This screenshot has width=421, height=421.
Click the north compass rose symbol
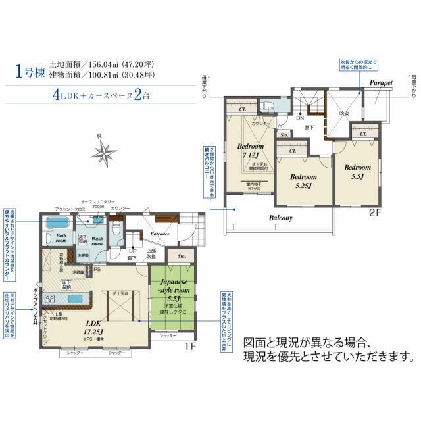(x=104, y=152)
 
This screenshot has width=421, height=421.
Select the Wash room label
(x=97, y=240)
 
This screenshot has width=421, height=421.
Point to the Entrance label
(x=160, y=233)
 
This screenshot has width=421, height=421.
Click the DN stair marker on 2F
(x=299, y=118)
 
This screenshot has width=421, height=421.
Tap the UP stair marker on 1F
(x=132, y=251)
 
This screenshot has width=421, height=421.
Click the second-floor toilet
(x=267, y=106)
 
